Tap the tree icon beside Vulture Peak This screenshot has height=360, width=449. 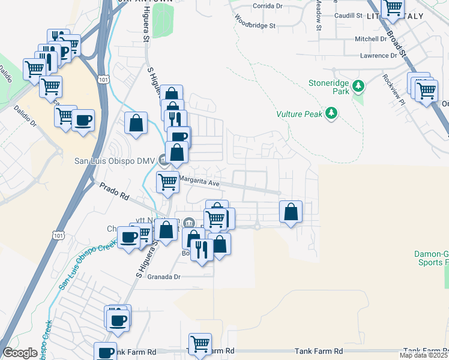(331, 113)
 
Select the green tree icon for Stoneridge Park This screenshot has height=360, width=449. (358, 86)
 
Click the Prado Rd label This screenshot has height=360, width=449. (115, 191)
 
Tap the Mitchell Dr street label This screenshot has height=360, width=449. (371, 38)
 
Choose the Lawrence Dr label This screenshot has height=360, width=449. (379, 56)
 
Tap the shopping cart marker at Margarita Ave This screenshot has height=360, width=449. (167, 181)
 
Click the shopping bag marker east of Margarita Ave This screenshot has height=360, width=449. (291, 212)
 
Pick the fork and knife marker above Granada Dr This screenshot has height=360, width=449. (202, 249)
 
